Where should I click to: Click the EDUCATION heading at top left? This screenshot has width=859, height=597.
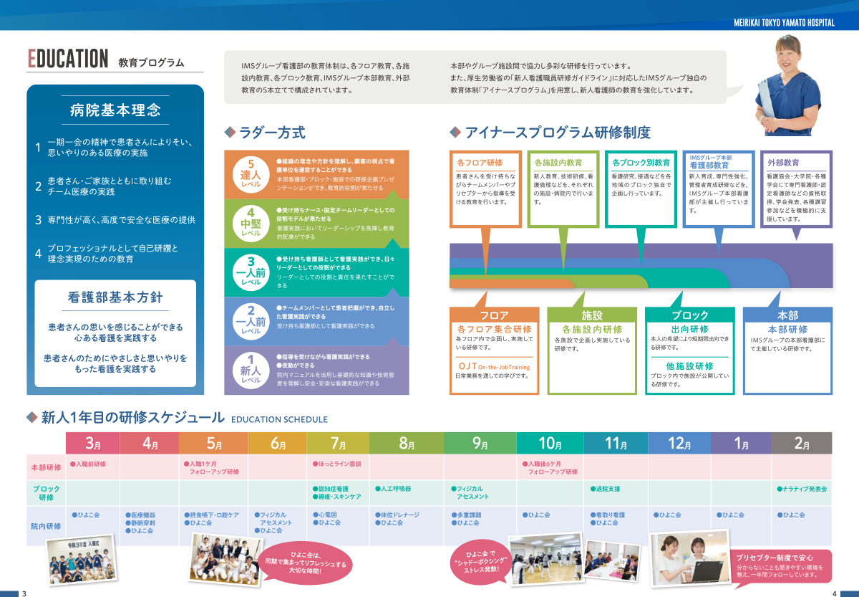pos(68,59)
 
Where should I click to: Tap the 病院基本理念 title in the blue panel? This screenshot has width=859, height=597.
pos(115,110)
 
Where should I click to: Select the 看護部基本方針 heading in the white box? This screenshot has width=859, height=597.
pos(115,297)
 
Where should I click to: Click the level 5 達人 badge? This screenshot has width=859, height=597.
pos(251,173)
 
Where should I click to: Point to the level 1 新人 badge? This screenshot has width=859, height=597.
pos(251,369)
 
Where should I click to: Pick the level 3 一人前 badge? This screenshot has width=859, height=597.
pos(251,271)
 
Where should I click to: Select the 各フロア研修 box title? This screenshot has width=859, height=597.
pos(479,163)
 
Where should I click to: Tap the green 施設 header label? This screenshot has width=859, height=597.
pos(591,315)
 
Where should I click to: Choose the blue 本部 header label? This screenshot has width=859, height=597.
pos(787,315)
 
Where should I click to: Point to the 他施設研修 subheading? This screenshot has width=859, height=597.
pos(689,366)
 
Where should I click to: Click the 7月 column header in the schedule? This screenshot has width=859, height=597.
pos(338,444)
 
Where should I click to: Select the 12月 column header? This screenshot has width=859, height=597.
pos(679,444)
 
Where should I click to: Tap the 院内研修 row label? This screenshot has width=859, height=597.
pos(46,525)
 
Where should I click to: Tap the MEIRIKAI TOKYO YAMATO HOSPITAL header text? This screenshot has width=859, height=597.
pos(784,23)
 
